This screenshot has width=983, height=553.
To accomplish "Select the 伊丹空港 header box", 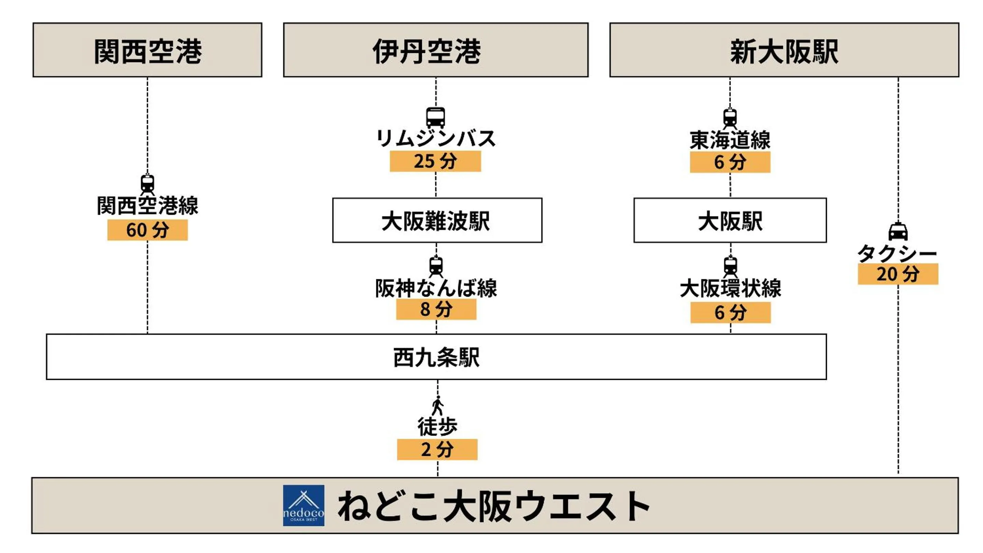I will click(435, 50).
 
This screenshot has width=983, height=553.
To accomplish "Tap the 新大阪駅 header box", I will click(784, 50).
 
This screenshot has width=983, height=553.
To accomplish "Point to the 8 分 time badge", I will click(436, 309).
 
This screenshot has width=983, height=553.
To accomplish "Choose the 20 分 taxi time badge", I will click(898, 274).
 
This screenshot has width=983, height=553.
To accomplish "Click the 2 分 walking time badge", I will click(437, 450).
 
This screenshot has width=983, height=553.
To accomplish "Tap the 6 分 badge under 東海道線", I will click(730, 162).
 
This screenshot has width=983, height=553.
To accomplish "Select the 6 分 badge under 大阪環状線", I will click(730, 313).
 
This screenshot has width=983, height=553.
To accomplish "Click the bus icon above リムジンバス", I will click(435, 117).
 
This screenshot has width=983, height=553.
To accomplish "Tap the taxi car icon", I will click(898, 231).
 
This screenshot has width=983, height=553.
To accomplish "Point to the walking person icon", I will click(437, 406).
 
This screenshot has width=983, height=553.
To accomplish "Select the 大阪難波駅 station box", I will click(437, 220).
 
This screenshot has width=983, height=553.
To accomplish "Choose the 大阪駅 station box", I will click(730, 220).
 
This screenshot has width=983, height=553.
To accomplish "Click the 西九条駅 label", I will click(436, 357).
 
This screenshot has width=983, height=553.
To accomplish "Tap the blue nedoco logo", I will click(304, 505).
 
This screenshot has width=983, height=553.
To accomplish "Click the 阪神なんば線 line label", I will click(436, 288).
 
